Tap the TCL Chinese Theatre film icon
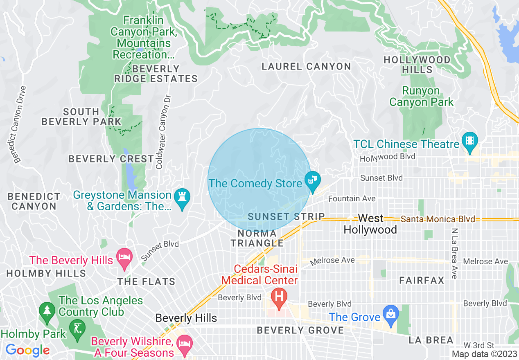pyautogui.click(x=469, y=140)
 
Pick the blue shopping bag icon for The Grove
pyautogui.click(x=391, y=314)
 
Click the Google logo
pyautogui.click(x=27, y=350)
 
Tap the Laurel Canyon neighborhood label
pyautogui.click(x=306, y=66)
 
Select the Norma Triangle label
pyautogui.click(x=257, y=238)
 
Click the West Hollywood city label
pyautogui.click(x=370, y=224)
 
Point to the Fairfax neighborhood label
pyautogui.click(x=422, y=280)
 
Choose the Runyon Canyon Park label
pyautogui.click(x=421, y=96)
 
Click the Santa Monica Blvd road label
pyautogui.click(x=438, y=219)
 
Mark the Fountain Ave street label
pyautogui.click(x=352, y=198)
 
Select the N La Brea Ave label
pyautogui.click(x=454, y=254)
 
